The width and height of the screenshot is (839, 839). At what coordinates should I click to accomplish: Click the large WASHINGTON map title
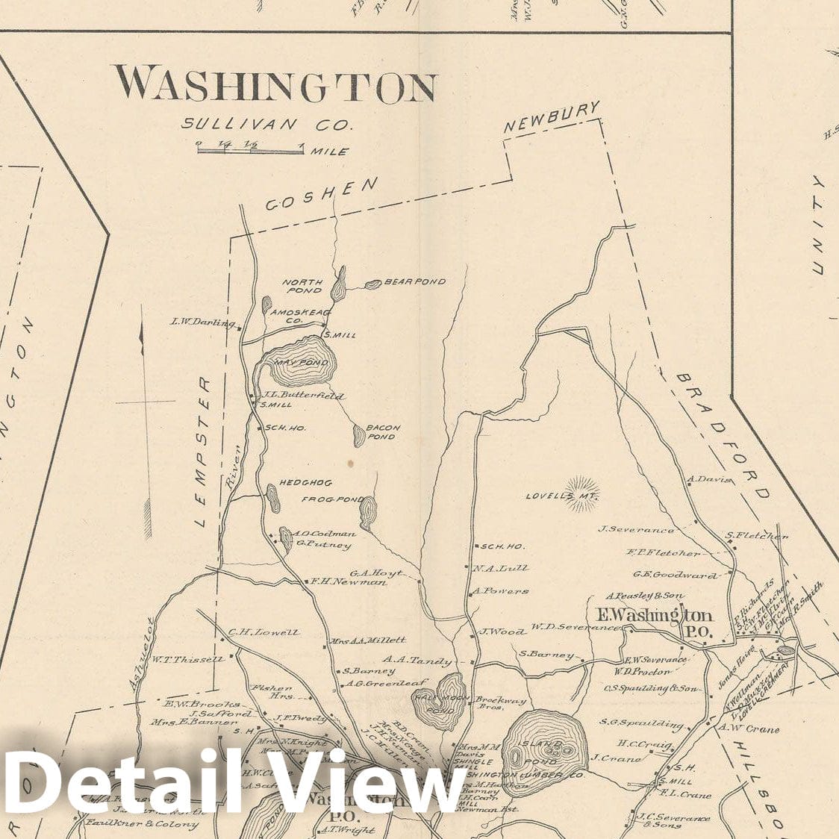274,84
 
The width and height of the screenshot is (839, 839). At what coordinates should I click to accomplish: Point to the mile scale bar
250,150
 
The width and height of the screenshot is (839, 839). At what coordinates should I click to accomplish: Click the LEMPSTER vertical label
202,452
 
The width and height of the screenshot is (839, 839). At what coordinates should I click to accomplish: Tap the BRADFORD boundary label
721,436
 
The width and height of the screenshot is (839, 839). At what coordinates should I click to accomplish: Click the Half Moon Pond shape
440,701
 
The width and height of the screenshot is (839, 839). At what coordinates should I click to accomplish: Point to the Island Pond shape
542,750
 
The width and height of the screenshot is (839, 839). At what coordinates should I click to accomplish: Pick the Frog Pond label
332,499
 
